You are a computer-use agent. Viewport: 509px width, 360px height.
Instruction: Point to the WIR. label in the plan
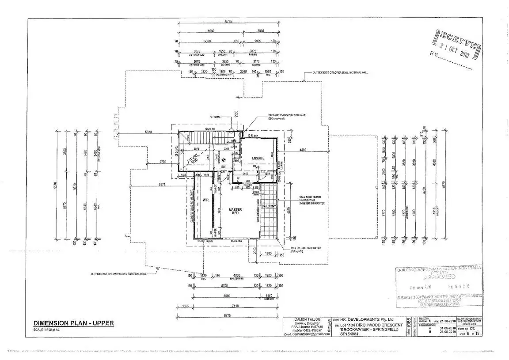click(x=205, y=200)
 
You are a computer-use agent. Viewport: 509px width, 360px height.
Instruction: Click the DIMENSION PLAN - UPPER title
click(x=73, y=323)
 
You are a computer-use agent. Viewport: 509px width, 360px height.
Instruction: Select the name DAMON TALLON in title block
click(x=306, y=319)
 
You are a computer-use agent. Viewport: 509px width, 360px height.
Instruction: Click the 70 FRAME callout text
click(x=216, y=117)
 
